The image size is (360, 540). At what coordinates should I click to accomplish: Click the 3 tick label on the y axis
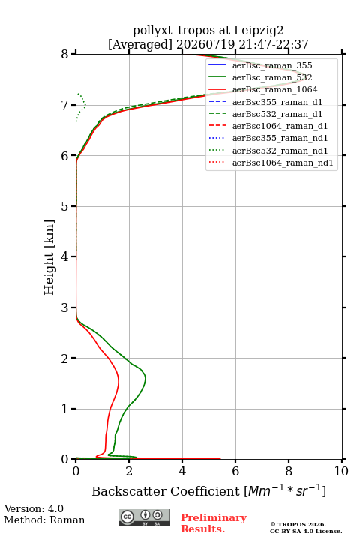pyautogui.click(x=65, y=307)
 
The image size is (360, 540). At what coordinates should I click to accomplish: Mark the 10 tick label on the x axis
pyautogui.click(x=341, y=471)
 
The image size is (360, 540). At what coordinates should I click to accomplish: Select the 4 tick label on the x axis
pyautogui.click(x=182, y=471)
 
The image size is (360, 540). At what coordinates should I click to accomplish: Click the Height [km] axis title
pyautogui.click(x=49, y=257)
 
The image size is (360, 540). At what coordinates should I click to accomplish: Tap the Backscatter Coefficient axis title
pyautogui.click(x=208, y=491)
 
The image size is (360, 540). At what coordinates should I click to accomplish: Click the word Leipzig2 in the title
pyautogui.click(x=259, y=31)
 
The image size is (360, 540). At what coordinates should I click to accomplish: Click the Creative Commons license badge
pyautogui.click(x=144, y=517)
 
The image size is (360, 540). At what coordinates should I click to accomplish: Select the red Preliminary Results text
pyautogui.click(x=214, y=523)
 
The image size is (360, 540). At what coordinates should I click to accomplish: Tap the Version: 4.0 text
pyautogui.click(x=34, y=508)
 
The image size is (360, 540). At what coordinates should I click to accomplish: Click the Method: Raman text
pyautogui.click(x=44, y=520)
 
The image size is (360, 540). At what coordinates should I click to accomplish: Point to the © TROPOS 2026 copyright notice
pyautogui.click(x=298, y=524)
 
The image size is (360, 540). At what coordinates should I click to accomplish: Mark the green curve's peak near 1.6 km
pyautogui.click(x=145, y=378)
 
